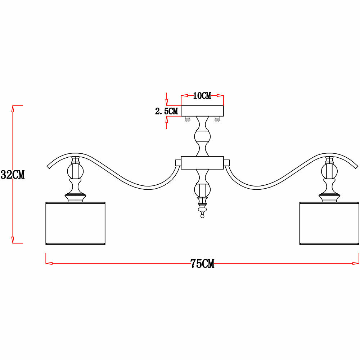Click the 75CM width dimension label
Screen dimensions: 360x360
tap(202, 264)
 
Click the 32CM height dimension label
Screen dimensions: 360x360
tap(13, 175)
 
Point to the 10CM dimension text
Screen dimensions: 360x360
tap(202, 96)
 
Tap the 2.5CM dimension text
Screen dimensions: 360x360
tap(166, 111)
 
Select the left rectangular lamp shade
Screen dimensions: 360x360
tap(76, 223)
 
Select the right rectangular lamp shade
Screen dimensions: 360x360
tap(329, 223)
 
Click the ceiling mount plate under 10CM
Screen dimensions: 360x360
tap(202, 111)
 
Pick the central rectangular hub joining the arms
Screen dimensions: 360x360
tap(202, 163)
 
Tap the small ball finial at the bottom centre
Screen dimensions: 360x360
tap(202, 216)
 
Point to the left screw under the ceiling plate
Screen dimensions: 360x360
tap(187, 120)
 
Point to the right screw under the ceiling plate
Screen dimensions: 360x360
tap(217, 120)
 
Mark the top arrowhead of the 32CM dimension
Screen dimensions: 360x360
tap(13, 108)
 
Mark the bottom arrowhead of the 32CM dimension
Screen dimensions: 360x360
tap(13, 240)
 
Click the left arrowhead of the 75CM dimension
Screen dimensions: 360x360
tap(49, 263)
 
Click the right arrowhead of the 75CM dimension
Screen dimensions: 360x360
tap(356, 263)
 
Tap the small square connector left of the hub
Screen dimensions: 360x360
tap(178, 163)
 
